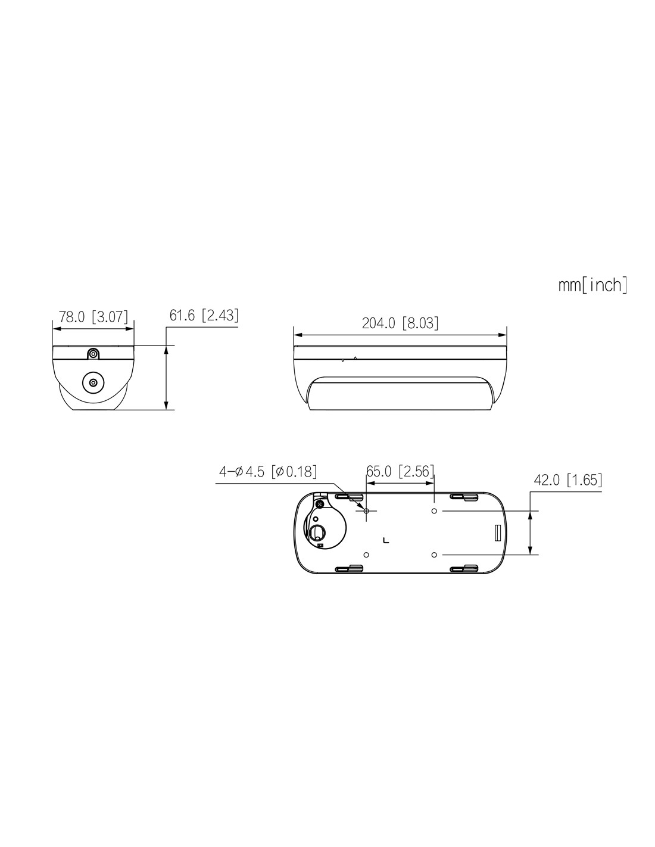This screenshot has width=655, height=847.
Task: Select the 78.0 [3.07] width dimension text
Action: (x=93, y=316)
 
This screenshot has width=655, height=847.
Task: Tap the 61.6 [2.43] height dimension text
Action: (x=204, y=315)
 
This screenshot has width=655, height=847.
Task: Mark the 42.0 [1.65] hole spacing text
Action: (x=567, y=480)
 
